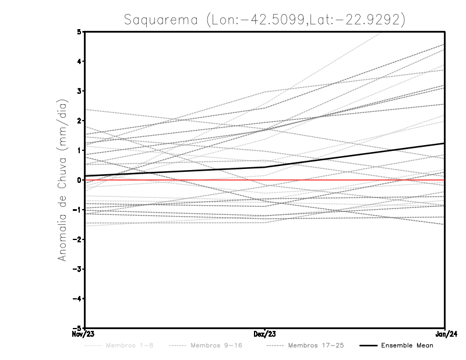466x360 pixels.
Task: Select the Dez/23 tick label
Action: (x=265, y=334)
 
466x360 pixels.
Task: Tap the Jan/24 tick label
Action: (x=445, y=334)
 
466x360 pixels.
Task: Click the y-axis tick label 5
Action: (x=79, y=32)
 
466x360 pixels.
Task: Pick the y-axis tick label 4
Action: (x=79, y=61)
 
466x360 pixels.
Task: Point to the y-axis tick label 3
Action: (x=79, y=91)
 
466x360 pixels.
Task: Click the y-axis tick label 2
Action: (x=79, y=121)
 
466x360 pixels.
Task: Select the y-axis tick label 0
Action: (x=79, y=180)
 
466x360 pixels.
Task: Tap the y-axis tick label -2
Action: (x=77, y=239)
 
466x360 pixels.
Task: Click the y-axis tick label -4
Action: (x=77, y=298)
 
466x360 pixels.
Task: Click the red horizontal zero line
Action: (x=349, y=180)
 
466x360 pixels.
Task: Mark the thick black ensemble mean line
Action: (x=349, y=156)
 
